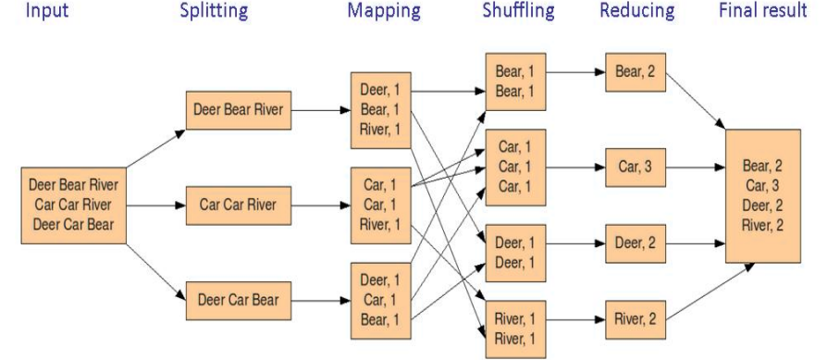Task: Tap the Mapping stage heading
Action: (x=384, y=12)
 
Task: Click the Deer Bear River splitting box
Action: (x=239, y=110)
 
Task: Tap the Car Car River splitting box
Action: (x=239, y=205)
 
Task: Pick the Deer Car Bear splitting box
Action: (x=238, y=299)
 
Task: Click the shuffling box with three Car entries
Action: (x=515, y=168)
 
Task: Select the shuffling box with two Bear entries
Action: (x=515, y=82)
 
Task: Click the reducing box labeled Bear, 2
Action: (x=635, y=72)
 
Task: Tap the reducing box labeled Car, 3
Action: (x=636, y=168)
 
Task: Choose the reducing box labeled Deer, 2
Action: (x=636, y=243)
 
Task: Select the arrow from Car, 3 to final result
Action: (x=695, y=168)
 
